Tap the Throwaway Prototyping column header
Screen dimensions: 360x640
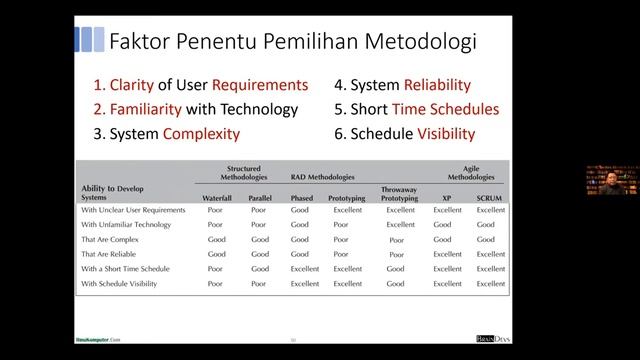click(x=400, y=194)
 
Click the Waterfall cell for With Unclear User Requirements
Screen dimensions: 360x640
click(x=215, y=211)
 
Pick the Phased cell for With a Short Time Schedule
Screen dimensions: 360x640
click(x=304, y=269)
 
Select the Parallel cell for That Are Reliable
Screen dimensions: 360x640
click(x=260, y=254)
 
